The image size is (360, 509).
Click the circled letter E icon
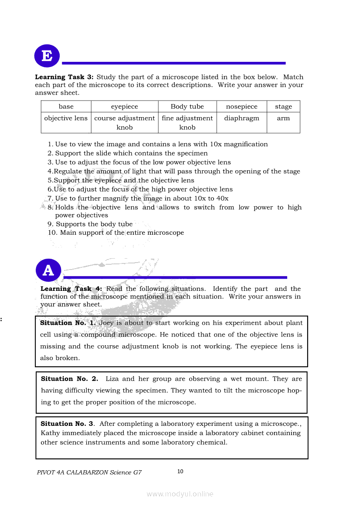tap(47, 56)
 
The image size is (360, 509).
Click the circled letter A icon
tap(48, 270)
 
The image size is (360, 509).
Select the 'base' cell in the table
tap(66, 107)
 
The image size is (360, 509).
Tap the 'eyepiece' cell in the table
tap(125, 107)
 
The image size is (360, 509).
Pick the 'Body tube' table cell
tap(187, 107)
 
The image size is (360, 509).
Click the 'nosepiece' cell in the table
tap(242, 107)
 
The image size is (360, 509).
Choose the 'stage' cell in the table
tap(283, 107)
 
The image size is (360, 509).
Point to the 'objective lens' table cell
tap(66, 118)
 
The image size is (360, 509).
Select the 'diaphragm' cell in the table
tap(242, 118)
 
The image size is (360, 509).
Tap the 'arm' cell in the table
tap(283, 118)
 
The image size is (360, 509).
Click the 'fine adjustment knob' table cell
tap(187, 123)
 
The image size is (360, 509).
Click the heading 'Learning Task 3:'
tap(64, 77)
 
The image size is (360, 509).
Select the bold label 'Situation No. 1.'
tap(68, 323)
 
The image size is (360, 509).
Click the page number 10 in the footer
tap(180, 471)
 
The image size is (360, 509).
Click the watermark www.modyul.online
tap(180, 494)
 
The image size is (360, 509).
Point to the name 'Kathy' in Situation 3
tap(51, 433)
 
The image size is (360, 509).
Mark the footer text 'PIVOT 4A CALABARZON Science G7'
tap(89, 472)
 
